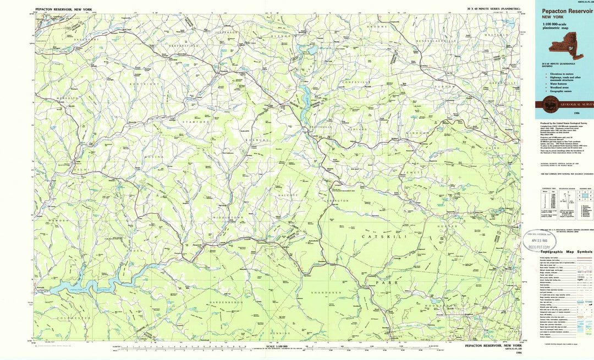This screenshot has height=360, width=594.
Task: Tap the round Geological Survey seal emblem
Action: (551, 103)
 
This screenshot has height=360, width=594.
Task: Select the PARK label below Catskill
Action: (383, 282)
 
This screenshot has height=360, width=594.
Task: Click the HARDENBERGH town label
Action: (226, 303)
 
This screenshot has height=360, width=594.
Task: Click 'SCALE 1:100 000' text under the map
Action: (279, 346)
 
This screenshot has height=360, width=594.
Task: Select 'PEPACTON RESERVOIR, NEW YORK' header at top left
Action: (65, 10)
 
